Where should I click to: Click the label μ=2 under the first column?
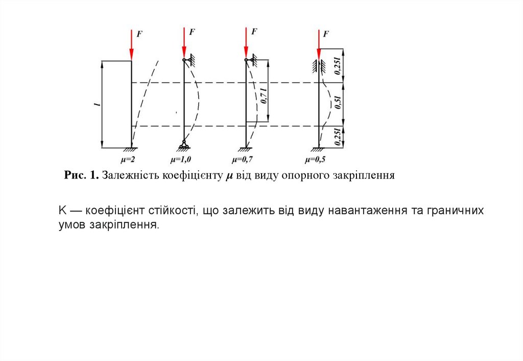[x=127, y=160]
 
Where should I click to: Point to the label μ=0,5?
[x=316, y=160]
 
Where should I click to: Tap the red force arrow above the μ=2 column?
[x=131, y=46]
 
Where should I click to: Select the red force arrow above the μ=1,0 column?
[x=184, y=43]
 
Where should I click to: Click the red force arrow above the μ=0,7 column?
[x=246, y=43]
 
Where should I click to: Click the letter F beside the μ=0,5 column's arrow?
[x=326, y=34]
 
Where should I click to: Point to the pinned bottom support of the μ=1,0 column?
[x=183, y=147]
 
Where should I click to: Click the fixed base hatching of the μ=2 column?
[x=131, y=150]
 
